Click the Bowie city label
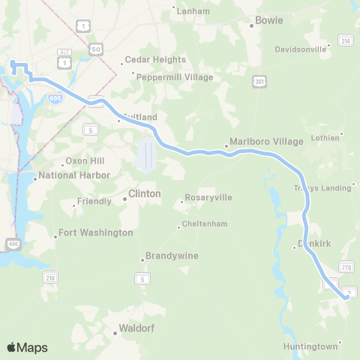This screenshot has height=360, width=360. pyautogui.click(x=269, y=20)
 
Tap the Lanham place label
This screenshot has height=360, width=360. pyautogui.click(x=187, y=10)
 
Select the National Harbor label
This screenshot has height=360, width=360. pyautogui.click(x=74, y=175)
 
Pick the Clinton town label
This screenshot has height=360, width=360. pyautogui.click(x=145, y=193)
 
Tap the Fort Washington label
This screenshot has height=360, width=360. pyautogui.click(x=95, y=233)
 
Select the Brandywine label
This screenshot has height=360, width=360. pyautogui.click(x=172, y=256)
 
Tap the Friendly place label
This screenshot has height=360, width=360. pyautogui.click(x=94, y=202)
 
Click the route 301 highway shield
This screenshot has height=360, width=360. pyautogui.click(x=259, y=80)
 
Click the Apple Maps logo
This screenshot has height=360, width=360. pyautogui.click(x=27, y=347)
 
